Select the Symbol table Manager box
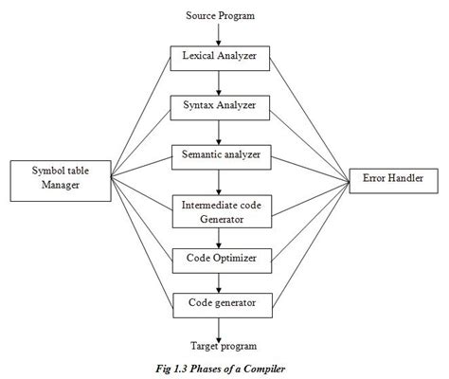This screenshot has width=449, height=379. pyautogui.click(x=53, y=178)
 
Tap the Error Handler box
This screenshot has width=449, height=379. pyautogui.click(x=392, y=178)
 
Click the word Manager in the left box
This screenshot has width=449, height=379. pyautogui.click(x=53, y=187)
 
